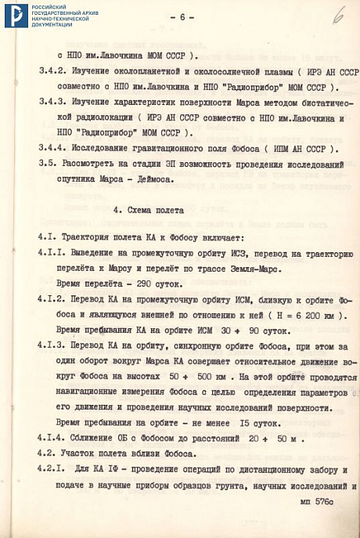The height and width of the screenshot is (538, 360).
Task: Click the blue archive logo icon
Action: point(16,15)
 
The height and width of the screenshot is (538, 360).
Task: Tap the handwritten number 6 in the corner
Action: point(338,14)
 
